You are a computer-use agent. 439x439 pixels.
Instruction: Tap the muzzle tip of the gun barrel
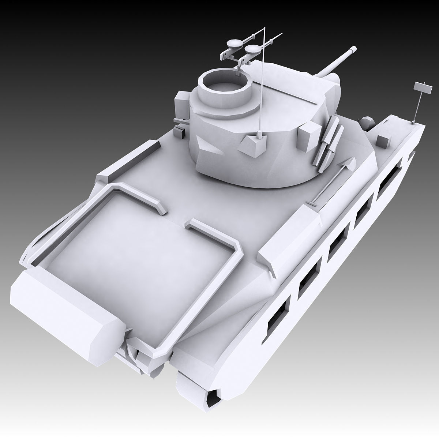pyautogui.click(x=353, y=48)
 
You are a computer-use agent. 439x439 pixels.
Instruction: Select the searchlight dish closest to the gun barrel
pyautogui.click(x=252, y=48)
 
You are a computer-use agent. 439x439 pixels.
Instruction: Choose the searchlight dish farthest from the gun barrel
pyautogui.click(x=234, y=44)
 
